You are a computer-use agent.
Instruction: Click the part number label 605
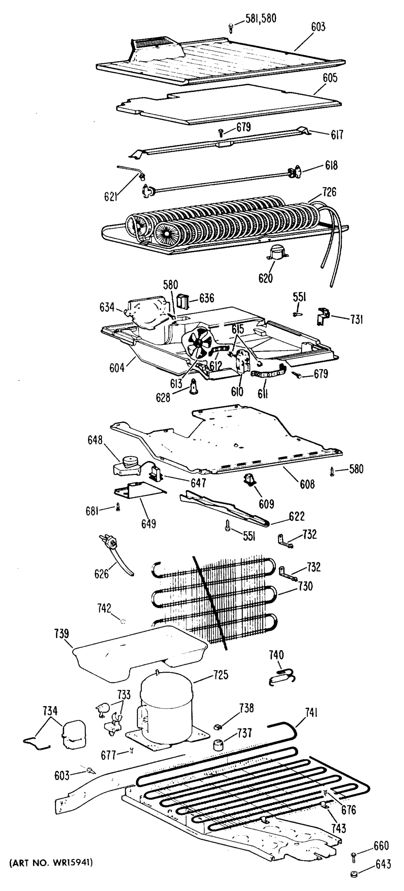click(330, 78)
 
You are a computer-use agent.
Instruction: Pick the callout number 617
click(337, 134)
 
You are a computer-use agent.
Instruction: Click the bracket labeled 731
click(323, 316)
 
